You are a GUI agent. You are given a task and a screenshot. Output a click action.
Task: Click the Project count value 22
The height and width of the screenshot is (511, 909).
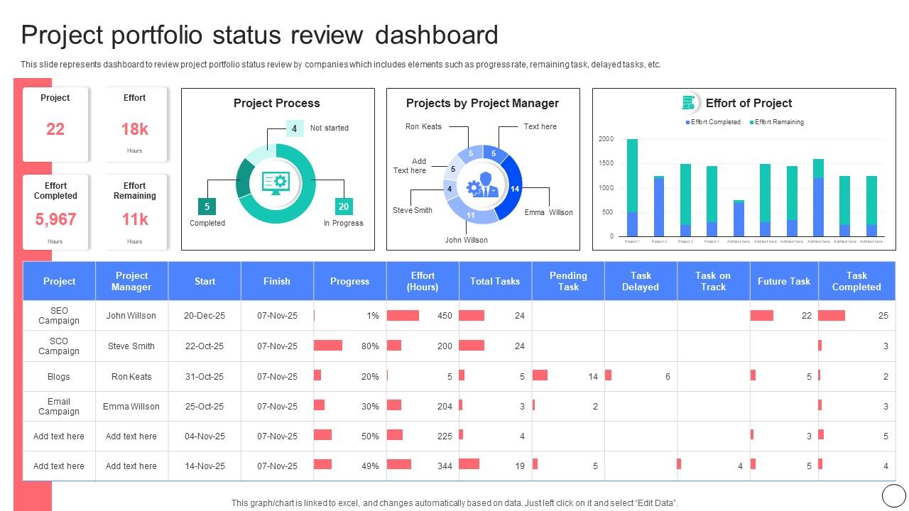[x=55, y=129]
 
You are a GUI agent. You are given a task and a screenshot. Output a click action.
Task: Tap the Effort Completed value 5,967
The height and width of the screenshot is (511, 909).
[x=55, y=219]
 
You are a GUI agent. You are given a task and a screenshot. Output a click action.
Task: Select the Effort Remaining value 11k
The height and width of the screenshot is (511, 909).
[x=134, y=219]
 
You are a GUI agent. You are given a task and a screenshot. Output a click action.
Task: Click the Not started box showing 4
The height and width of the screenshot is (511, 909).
[x=294, y=128]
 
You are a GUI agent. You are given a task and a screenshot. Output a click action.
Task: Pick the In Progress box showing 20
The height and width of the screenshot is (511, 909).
[x=343, y=207]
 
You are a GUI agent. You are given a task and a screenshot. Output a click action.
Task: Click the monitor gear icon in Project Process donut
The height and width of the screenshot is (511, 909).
[x=276, y=183]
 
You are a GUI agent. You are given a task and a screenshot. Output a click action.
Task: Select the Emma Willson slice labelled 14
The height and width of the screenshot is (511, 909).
[x=514, y=189]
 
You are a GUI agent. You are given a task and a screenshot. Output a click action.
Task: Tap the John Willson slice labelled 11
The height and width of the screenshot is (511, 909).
[x=470, y=215]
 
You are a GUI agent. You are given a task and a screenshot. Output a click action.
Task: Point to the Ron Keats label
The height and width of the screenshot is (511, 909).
[x=423, y=126]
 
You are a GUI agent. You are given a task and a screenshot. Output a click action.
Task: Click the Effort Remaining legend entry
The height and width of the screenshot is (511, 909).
[x=777, y=122]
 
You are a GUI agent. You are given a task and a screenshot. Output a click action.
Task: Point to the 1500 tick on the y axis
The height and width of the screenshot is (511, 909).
[x=605, y=163]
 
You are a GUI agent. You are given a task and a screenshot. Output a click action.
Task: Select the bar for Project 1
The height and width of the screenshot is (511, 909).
[x=632, y=188]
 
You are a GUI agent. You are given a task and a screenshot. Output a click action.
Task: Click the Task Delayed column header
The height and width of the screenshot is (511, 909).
[x=641, y=281]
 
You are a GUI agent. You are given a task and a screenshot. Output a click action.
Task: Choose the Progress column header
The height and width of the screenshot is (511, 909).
[x=349, y=281]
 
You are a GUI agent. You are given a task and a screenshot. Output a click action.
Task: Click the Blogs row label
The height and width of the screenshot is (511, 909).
[x=59, y=377]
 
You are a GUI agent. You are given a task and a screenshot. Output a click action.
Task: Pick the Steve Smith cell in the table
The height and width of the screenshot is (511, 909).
[x=131, y=346]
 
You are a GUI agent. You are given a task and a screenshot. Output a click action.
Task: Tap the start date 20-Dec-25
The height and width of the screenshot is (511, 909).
[x=205, y=316]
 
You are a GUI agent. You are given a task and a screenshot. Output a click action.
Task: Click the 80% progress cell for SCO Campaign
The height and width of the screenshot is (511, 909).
[x=369, y=346]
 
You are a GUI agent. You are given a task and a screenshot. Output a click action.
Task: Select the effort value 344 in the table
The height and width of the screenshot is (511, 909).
[x=445, y=466]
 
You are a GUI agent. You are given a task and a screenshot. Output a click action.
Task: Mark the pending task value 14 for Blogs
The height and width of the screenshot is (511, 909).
[x=592, y=377]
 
